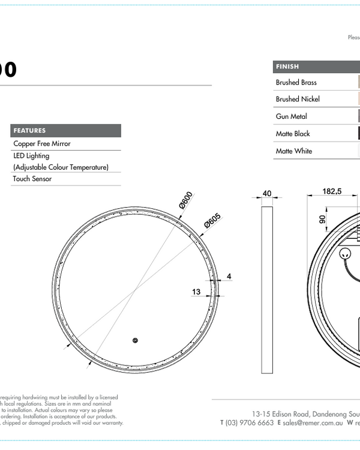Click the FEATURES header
click(x=29, y=130)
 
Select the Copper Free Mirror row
click(x=42, y=144)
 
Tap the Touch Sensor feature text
click(x=32, y=179)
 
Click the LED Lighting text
click(x=31, y=156)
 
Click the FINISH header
click(x=287, y=67)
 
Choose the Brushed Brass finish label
click(x=296, y=82)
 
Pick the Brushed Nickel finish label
click(x=298, y=99)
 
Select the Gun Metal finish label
click(x=291, y=116)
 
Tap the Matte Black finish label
click(x=293, y=134)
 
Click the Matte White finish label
click(x=294, y=151)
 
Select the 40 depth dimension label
click(x=267, y=194)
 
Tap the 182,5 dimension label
click(x=332, y=191)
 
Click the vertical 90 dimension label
click(x=322, y=220)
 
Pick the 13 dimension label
click(x=196, y=292)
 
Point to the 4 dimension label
click(x=229, y=277)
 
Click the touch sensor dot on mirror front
click(x=136, y=341)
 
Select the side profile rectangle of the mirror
click(x=267, y=288)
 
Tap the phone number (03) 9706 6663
click(x=250, y=422)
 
